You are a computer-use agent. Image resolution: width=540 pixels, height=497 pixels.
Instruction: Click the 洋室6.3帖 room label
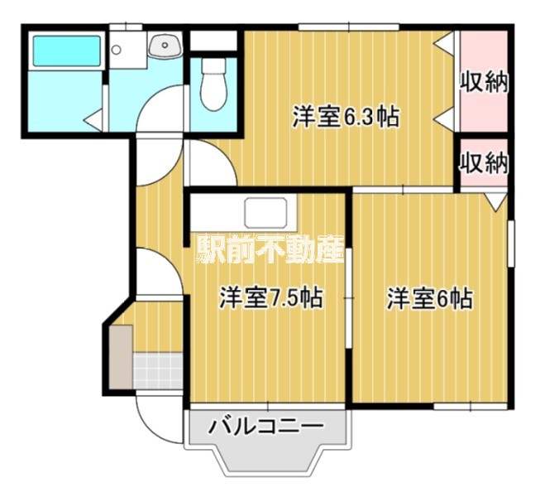346,117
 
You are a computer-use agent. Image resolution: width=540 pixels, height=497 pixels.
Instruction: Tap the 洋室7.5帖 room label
270,297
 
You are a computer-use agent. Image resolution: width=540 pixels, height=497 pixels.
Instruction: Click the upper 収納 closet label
483,83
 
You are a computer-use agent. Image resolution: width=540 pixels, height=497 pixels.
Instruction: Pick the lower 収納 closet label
483,163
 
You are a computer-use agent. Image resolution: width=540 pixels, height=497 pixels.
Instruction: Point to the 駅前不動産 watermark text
270,251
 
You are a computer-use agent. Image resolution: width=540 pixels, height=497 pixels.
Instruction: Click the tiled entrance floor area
156,369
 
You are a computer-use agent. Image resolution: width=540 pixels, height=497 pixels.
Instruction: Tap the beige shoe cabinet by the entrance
120,357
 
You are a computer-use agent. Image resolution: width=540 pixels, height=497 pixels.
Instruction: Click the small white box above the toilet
213,39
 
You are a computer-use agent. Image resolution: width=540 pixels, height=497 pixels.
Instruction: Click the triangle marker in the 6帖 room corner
496,200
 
